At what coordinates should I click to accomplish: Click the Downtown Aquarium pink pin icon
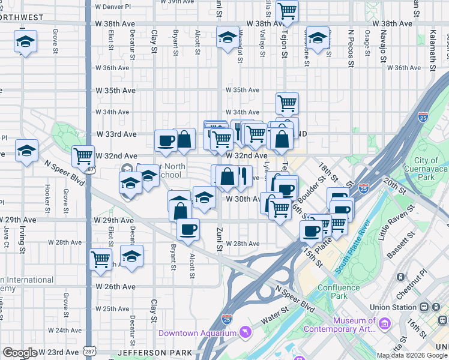pos(245,332)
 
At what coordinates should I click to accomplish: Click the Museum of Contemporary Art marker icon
pos(385,324)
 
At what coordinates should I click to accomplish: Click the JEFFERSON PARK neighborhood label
pos(155,352)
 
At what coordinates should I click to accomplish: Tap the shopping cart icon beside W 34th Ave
pos(288,104)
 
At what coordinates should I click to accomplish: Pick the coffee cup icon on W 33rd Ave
pos(166,140)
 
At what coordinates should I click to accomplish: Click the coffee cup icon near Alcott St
pos(188,229)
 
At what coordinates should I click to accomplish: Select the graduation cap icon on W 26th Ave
pos(131,255)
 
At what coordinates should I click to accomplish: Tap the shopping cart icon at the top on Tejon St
pos(288,10)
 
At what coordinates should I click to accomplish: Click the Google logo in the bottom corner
pos(20,353)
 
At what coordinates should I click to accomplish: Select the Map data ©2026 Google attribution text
pos(412,355)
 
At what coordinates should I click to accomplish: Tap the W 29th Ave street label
pos(114,221)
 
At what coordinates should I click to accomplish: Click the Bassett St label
pos(399,250)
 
